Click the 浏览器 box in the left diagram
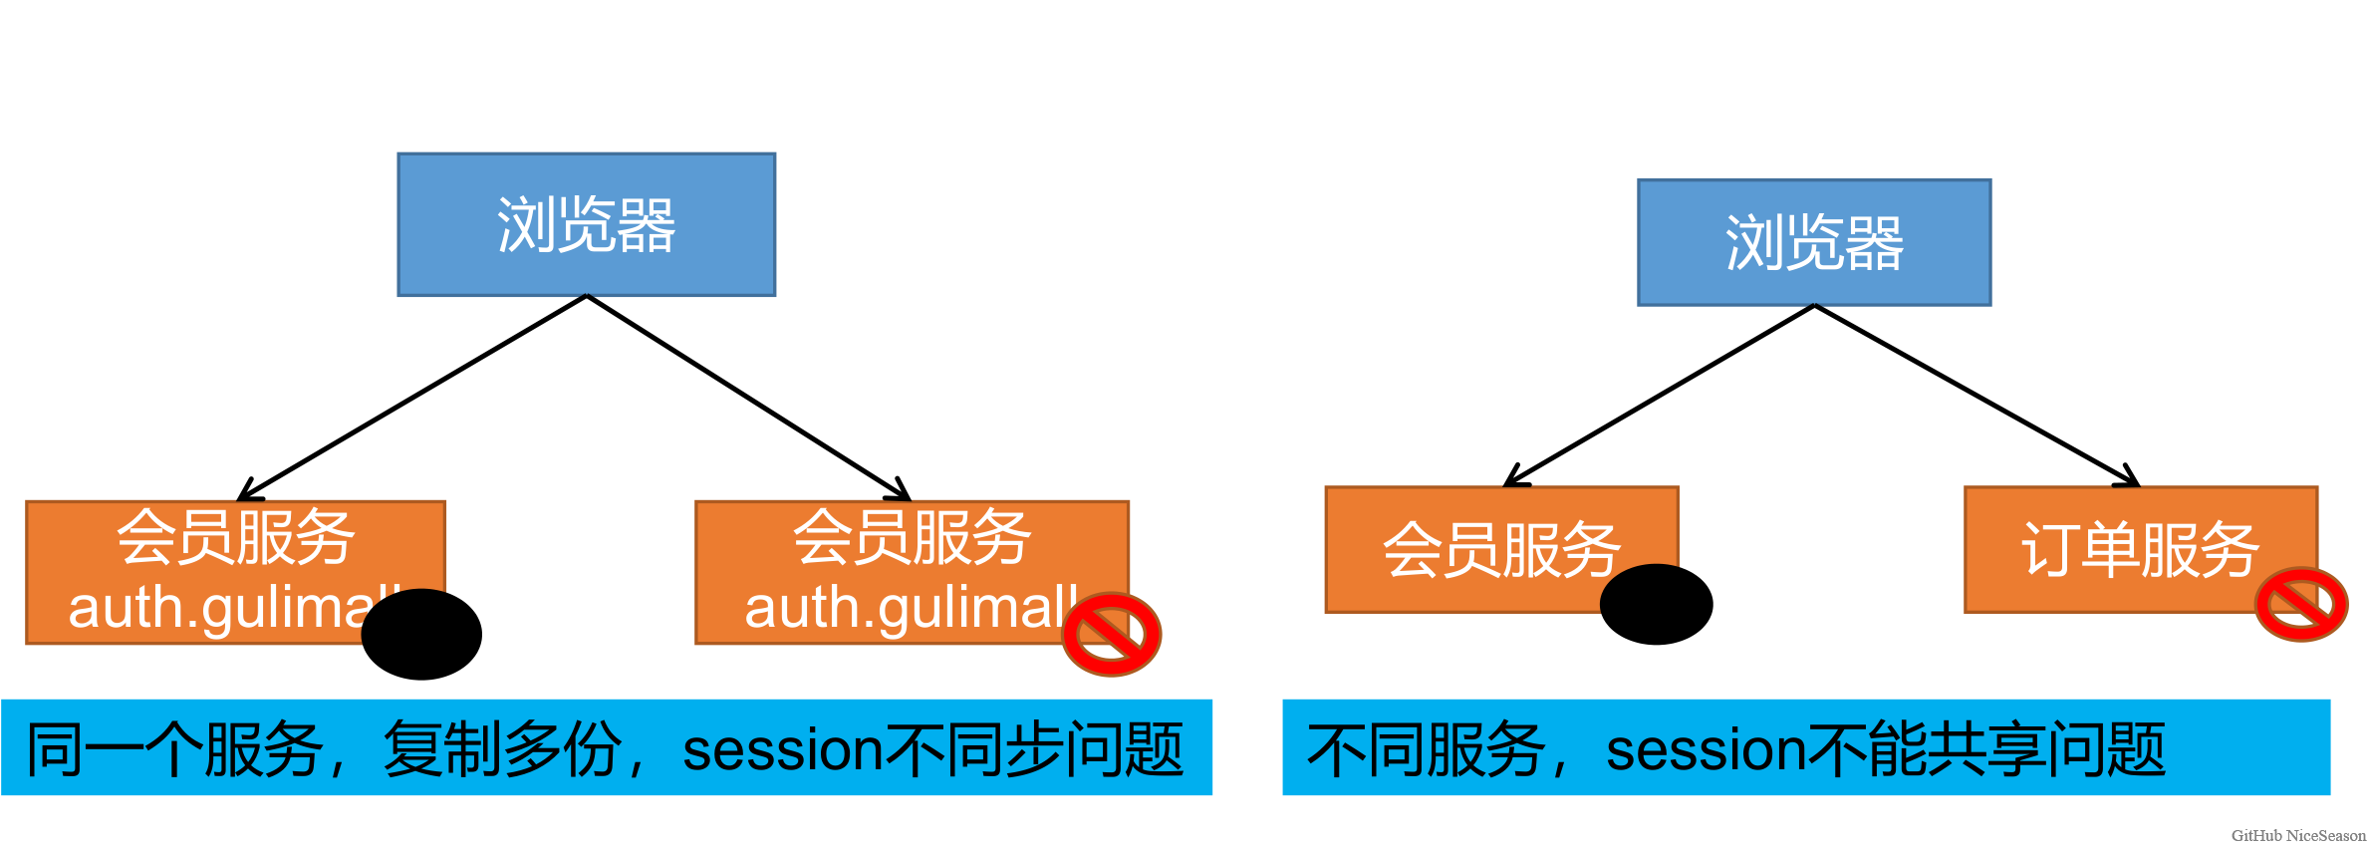(586, 224)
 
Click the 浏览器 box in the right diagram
(1813, 242)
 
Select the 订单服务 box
(2139, 549)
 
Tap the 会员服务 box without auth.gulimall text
(1500, 549)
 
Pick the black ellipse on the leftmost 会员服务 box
(421, 634)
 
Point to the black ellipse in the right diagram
(1656, 604)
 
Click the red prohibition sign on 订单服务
(2300, 604)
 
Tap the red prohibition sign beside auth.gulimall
(1111, 634)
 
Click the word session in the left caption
(782, 749)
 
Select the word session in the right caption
(1706, 749)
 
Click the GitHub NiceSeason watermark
(2297, 835)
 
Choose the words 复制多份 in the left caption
(503, 749)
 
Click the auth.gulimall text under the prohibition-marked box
(909, 607)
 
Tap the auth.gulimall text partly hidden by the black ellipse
(219, 607)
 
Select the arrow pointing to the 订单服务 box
(1977, 396)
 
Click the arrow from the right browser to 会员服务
(1659, 396)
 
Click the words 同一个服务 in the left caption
(173, 749)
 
